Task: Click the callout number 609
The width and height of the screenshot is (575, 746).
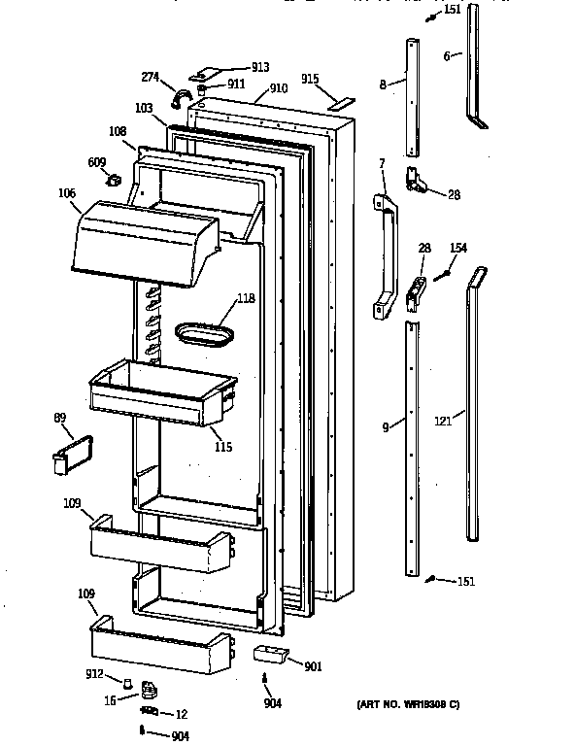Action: coord(98,162)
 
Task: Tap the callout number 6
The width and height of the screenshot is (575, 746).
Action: coord(446,57)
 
